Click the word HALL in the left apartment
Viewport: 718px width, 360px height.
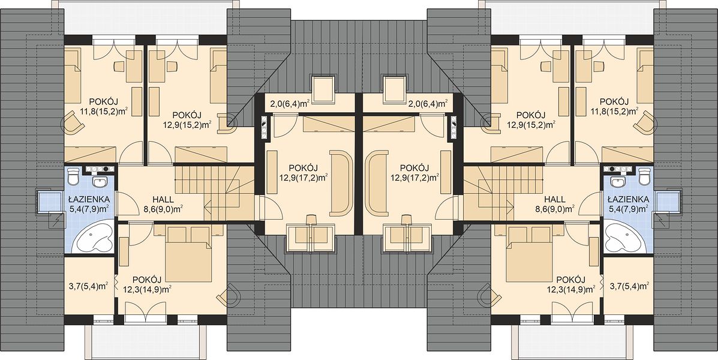pos(163,200)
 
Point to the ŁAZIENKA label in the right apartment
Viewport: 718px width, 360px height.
pos(628,199)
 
